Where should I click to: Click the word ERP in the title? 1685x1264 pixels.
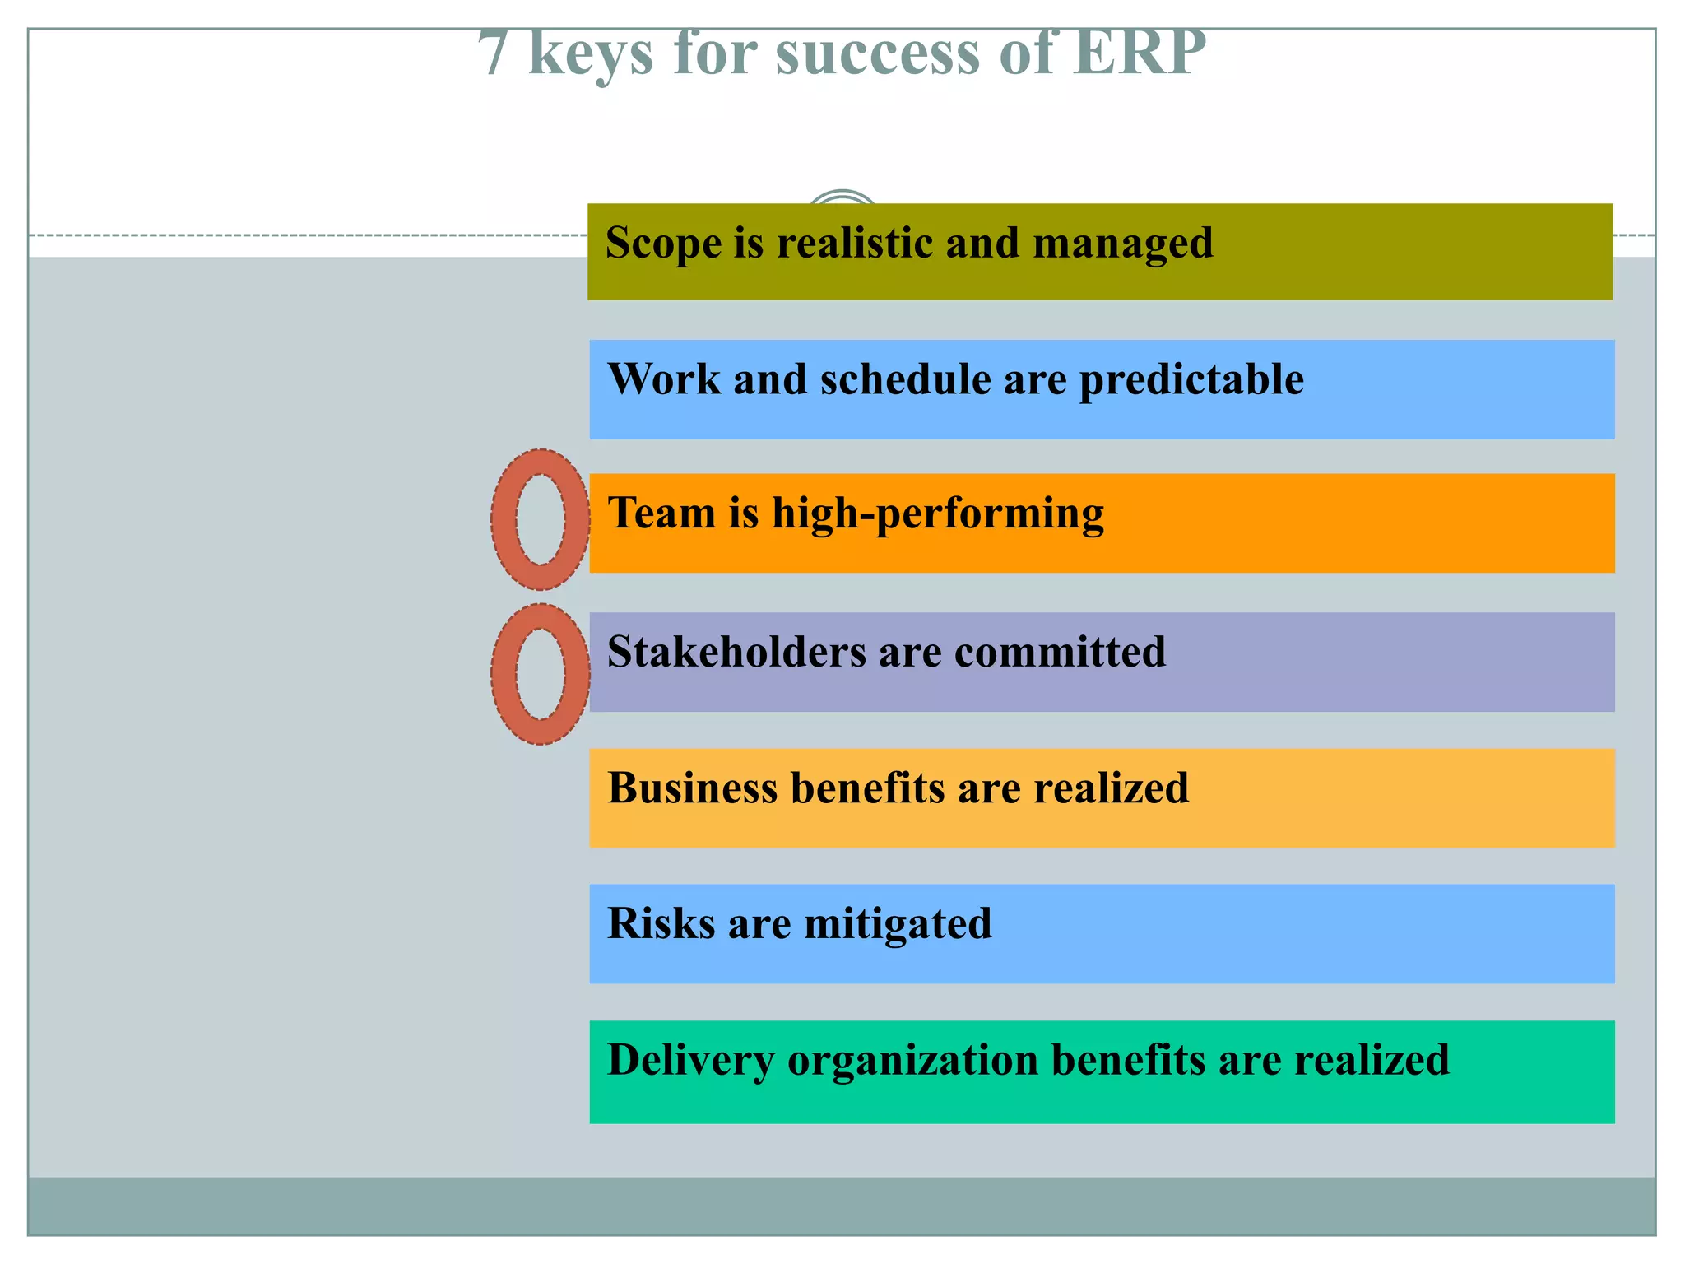point(1140,53)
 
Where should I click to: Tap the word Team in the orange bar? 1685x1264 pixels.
point(661,513)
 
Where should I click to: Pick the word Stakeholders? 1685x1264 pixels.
point(736,652)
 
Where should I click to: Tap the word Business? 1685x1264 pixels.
point(692,788)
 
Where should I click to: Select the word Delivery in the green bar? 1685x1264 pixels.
point(690,1061)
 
